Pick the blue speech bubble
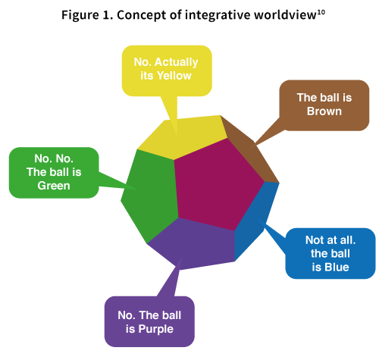pos(330,253)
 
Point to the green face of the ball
pos(148,193)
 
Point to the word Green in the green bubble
pos(53,185)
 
